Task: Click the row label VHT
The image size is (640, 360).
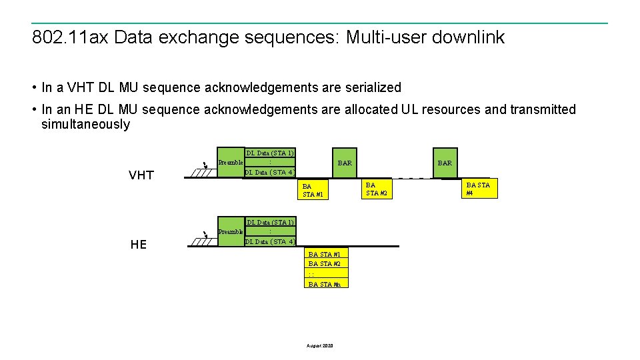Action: click(141, 175)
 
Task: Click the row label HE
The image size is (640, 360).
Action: click(139, 245)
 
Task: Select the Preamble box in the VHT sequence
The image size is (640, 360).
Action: click(231, 163)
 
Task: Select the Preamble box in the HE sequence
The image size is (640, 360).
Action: click(231, 231)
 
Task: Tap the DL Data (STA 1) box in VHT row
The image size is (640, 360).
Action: click(270, 153)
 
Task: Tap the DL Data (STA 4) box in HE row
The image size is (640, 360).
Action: click(270, 241)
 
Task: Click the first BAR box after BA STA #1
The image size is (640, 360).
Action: click(345, 163)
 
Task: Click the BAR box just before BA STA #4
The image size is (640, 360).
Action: click(445, 163)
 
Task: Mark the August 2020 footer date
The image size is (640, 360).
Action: click(320, 345)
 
